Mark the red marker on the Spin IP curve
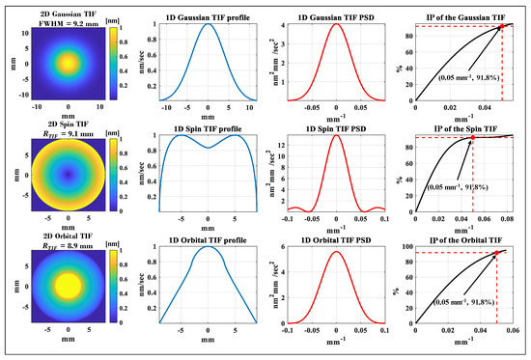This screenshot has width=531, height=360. click(473, 138)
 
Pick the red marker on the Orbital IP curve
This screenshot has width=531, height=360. click(496, 253)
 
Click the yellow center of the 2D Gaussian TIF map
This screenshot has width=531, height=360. click(68, 62)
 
